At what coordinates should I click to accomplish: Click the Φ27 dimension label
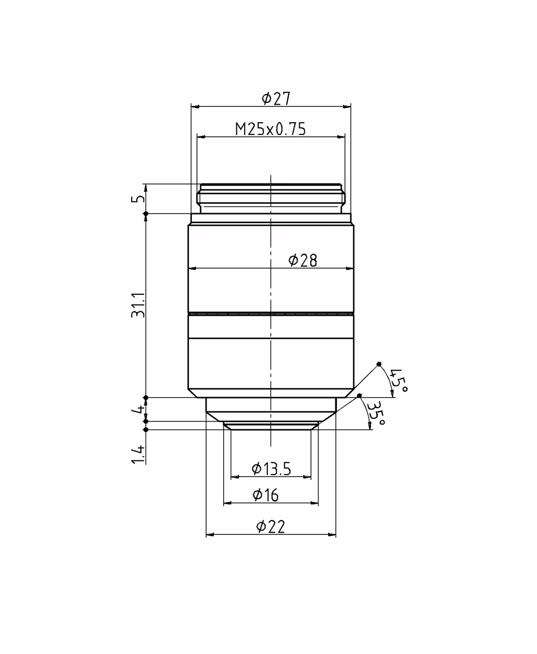click(276, 99)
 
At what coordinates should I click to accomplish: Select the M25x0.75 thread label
click(271, 129)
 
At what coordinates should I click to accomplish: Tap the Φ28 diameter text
click(303, 261)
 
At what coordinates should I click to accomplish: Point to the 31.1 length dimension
click(138, 305)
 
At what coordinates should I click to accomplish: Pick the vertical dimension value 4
click(138, 409)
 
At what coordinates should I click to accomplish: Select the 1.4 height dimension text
click(138, 454)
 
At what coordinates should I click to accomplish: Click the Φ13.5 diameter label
click(271, 469)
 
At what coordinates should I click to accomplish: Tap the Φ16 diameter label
click(265, 495)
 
